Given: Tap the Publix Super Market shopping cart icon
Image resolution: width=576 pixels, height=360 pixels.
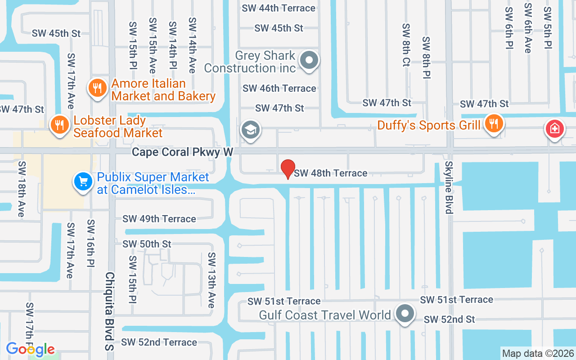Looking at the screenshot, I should pos(83,182).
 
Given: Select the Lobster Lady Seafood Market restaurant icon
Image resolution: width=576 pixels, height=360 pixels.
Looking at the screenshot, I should pos(58,124).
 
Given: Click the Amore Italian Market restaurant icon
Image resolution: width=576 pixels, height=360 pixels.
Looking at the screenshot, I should pos(97,87).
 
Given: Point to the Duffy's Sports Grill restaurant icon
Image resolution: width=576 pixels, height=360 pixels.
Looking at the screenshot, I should pos(494,123).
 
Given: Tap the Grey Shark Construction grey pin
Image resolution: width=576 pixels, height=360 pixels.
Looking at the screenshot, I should pos(309,60).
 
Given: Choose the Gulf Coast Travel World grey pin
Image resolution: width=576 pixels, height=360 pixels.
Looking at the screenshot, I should pos(405,313).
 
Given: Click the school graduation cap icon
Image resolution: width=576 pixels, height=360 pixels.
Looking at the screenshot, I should pos(250,130).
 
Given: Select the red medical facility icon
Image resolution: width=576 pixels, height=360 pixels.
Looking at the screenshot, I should pos(555,129).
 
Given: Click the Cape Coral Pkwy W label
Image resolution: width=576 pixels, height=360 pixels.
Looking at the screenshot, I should pos(182,152).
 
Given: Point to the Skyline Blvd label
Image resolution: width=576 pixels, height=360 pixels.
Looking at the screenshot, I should pos(449,187).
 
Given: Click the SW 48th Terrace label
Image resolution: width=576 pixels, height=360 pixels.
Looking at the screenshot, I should pos(331,173).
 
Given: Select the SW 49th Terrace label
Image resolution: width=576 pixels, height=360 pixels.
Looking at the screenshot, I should pos(159,219).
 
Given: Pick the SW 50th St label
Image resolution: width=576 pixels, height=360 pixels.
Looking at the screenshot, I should pos(147,244).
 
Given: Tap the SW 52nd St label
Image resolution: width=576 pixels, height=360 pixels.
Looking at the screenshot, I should pos(449,319).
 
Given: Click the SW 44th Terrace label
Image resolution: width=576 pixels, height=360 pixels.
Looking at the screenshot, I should pos(279,8).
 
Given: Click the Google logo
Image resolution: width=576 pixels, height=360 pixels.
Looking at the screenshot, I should pos(31,349).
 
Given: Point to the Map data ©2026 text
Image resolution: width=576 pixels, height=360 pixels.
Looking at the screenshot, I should pos(538,353).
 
